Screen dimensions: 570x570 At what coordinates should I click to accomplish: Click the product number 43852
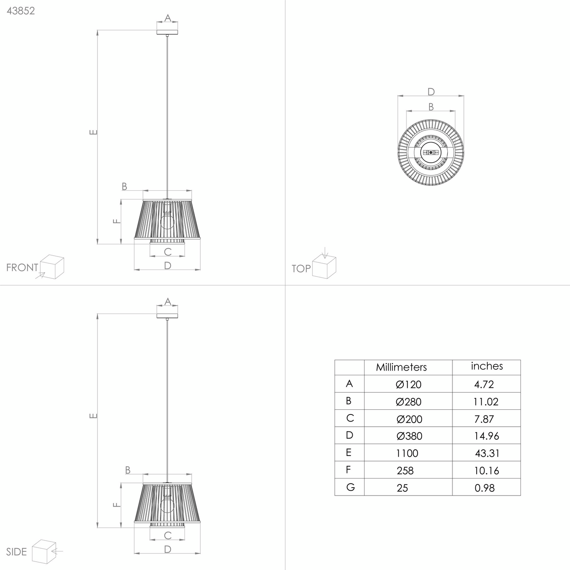tap(21, 11)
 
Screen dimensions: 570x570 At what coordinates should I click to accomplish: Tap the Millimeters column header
tap(401, 367)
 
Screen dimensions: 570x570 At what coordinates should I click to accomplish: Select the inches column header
tap(487, 366)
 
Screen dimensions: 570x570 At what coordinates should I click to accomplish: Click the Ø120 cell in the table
tap(408, 384)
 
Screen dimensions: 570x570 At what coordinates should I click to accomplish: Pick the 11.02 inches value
tap(486, 402)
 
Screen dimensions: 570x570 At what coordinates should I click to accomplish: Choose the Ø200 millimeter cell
tap(409, 419)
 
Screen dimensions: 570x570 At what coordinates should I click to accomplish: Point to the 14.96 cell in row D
tap(486, 436)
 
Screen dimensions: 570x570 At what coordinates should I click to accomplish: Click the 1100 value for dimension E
tap(407, 453)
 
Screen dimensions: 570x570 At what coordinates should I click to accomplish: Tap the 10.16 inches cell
tap(486, 470)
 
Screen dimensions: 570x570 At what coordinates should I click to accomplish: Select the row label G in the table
tap(350, 487)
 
